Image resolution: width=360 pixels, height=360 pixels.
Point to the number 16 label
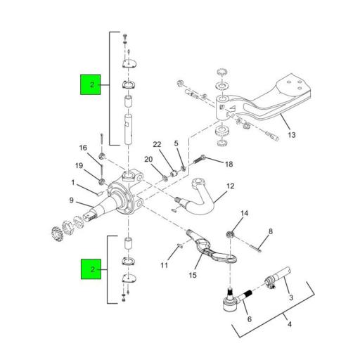(83, 148)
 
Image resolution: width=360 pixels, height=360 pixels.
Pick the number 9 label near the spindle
(71, 201)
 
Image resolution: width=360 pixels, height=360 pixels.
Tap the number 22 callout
(157, 145)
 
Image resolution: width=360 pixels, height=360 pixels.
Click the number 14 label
(245, 213)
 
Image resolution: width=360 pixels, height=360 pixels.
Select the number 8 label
(271, 231)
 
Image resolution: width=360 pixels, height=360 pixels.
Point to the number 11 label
(164, 265)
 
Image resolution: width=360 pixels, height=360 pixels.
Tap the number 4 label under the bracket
(287, 324)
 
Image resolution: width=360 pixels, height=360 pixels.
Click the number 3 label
(291, 298)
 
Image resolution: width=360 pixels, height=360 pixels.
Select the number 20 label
(148, 160)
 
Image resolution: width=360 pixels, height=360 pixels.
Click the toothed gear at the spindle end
(58, 232)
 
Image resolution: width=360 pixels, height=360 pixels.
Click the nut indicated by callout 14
(230, 233)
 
